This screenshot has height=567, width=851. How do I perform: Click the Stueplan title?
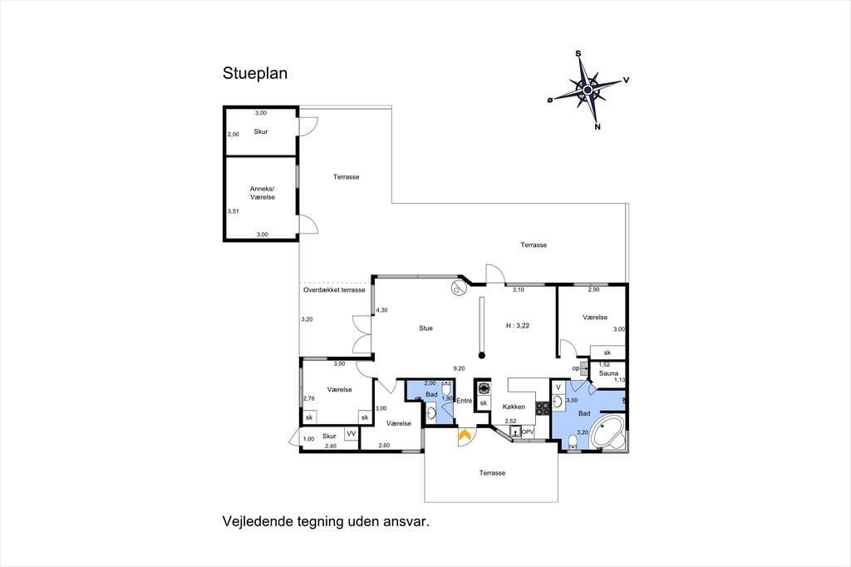pyautogui.click(x=254, y=74)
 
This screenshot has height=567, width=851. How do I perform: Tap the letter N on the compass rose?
pyautogui.click(x=598, y=127)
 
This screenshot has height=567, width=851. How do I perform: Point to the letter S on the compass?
pyautogui.click(x=578, y=53)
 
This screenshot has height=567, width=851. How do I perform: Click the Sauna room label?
pyautogui.click(x=608, y=373)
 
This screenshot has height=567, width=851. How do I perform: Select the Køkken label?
pyautogui.click(x=514, y=407)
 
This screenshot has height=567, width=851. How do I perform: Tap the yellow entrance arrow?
pyautogui.click(x=465, y=435)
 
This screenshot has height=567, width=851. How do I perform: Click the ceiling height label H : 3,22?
pyautogui.click(x=518, y=326)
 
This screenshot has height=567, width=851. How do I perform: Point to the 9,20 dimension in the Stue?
pyautogui.click(x=459, y=368)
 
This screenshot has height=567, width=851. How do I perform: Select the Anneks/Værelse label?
pyautogui.click(x=263, y=193)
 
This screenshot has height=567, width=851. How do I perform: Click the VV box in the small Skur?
pyautogui.click(x=352, y=434)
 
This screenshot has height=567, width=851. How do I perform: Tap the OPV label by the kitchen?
pyautogui.click(x=528, y=431)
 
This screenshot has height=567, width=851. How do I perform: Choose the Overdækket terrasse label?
pyautogui.click(x=334, y=290)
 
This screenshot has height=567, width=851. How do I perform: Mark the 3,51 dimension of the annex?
pyautogui.click(x=233, y=211)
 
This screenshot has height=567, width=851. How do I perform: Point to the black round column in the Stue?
pyautogui.click(x=481, y=356)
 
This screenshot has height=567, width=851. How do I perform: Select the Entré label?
pyautogui.click(x=464, y=401)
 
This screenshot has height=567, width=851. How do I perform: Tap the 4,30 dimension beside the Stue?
pyautogui.click(x=382, y=310)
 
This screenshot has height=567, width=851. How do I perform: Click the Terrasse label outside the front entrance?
pyautogui.click(x=492, y=473)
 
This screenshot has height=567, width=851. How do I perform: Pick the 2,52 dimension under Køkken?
pyautogui.click(x=511, y=421)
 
